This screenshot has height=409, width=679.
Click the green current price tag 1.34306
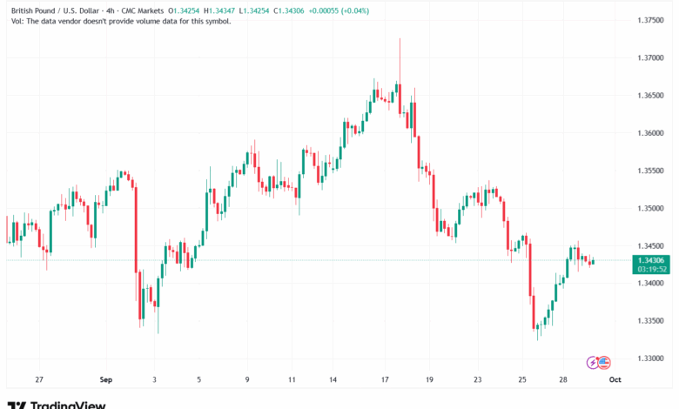652,260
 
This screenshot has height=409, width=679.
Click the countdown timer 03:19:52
652,270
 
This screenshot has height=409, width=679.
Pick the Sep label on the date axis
106,379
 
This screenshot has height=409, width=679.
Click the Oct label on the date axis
615,379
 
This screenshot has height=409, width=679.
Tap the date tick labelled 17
384,379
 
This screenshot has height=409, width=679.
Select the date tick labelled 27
38,379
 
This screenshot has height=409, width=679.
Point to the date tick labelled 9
248,379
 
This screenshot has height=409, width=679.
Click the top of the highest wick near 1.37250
400,39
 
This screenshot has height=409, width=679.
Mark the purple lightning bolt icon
594,361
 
